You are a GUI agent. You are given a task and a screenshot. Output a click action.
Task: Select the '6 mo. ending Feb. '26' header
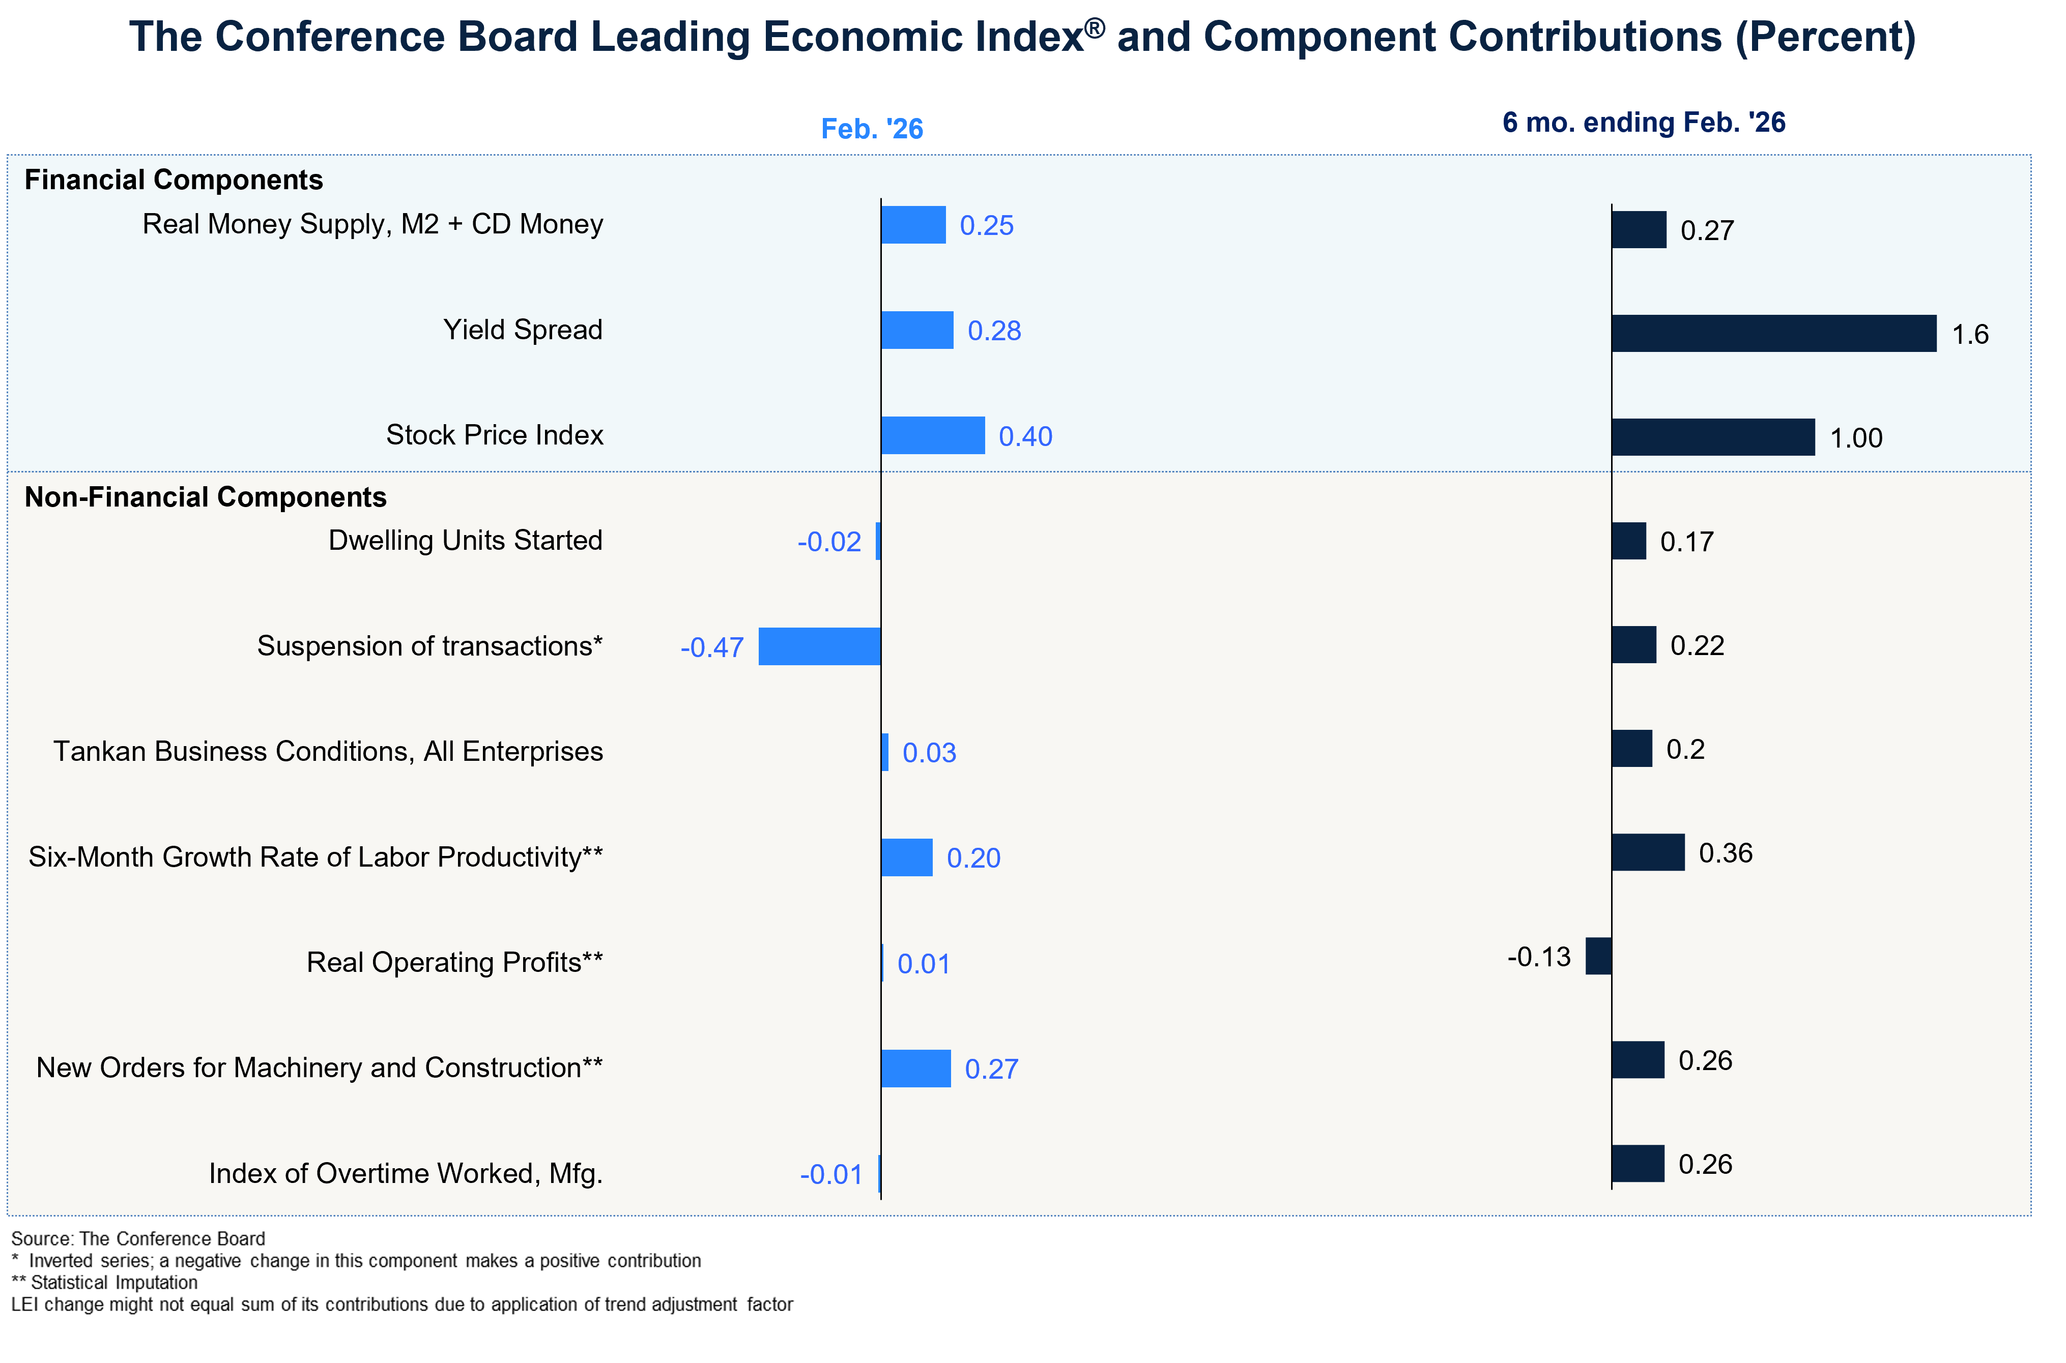pos(1644,123)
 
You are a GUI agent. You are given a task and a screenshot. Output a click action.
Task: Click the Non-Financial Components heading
pos(205,497)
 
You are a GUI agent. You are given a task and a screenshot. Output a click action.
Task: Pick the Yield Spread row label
pos(523,330)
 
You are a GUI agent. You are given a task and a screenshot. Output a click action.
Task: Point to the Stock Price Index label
pos(494,435)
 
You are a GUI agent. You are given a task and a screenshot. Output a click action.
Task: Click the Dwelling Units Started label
pos(465,541)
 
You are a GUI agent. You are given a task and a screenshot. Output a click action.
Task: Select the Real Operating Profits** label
pos(454,963)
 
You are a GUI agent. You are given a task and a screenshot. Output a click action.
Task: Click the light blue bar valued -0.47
pos(819,647)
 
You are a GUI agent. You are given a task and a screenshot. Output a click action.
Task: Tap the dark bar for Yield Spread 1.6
pos(1774,334)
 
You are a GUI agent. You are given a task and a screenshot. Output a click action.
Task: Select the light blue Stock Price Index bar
pos(932,435)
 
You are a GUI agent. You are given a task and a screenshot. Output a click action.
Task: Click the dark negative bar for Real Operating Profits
pos(1598,956)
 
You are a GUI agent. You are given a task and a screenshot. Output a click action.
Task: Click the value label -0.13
pos(1538,957)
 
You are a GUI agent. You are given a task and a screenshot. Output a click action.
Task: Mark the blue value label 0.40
pos(1025,436)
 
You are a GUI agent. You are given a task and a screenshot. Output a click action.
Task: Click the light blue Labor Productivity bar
pos(906,858)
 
